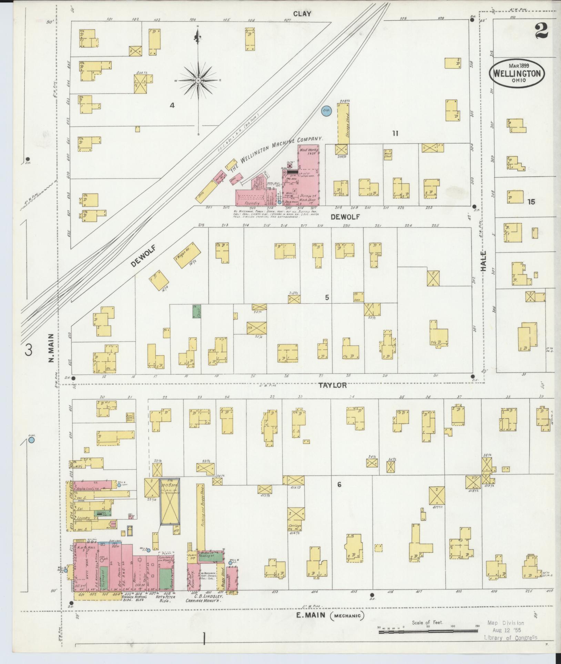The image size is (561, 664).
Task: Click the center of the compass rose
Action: point(198,80)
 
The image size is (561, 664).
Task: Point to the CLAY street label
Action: point(302,14)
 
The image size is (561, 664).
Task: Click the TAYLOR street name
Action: point(333,385)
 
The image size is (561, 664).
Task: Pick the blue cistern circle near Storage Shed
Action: point(326,111)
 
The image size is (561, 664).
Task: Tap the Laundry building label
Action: point(84,527)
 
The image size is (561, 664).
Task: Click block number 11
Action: point(395,133)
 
